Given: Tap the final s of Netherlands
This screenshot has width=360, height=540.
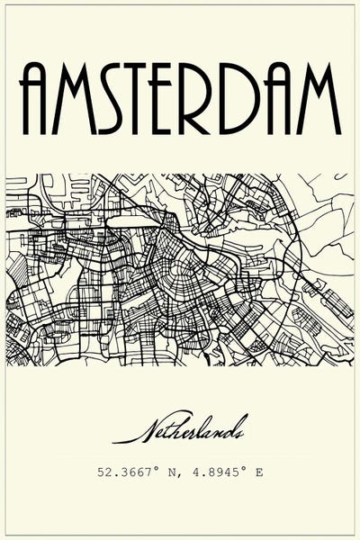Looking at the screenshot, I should [242, 435].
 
